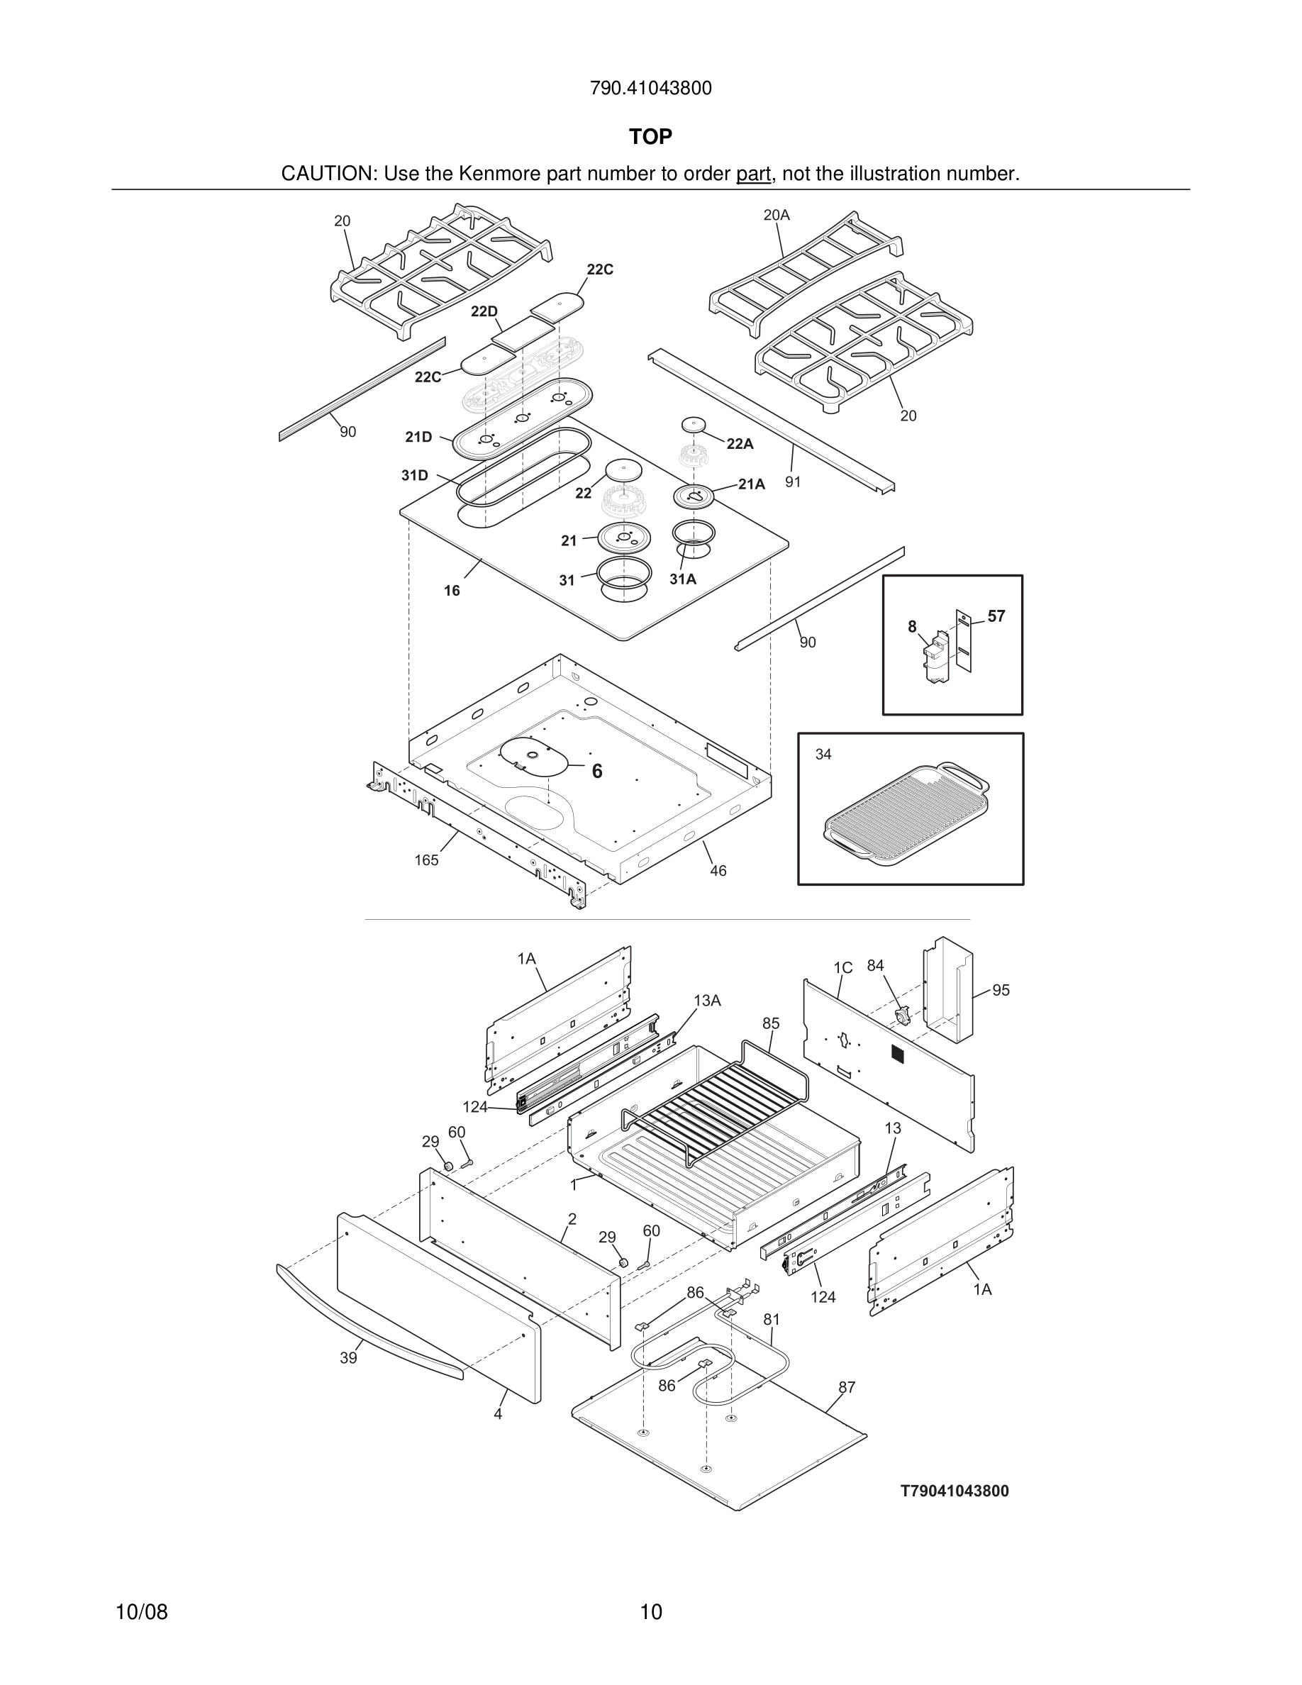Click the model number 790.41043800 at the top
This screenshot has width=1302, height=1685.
(650, 89)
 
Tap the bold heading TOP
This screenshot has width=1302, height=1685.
(650, 137)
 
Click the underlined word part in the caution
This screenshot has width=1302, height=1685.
(753, 174)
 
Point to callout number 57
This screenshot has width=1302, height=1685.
(996, 616)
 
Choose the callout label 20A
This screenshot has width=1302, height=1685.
(776, 216)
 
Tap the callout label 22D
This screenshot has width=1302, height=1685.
(484, 311)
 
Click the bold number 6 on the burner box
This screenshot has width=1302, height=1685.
(597, 771)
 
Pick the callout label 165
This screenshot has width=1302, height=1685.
(425, 860)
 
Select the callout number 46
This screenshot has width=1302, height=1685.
(718, 870)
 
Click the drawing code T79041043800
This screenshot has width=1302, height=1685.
(954, 1491)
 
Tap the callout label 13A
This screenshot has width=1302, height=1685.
(706, 1001)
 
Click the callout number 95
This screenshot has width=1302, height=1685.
(1001, 990)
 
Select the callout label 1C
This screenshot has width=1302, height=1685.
(842, 967)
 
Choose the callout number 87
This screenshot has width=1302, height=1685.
(847, 1387)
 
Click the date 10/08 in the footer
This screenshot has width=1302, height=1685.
(141, 1612)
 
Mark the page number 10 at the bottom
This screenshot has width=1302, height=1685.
(651, 1612)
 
